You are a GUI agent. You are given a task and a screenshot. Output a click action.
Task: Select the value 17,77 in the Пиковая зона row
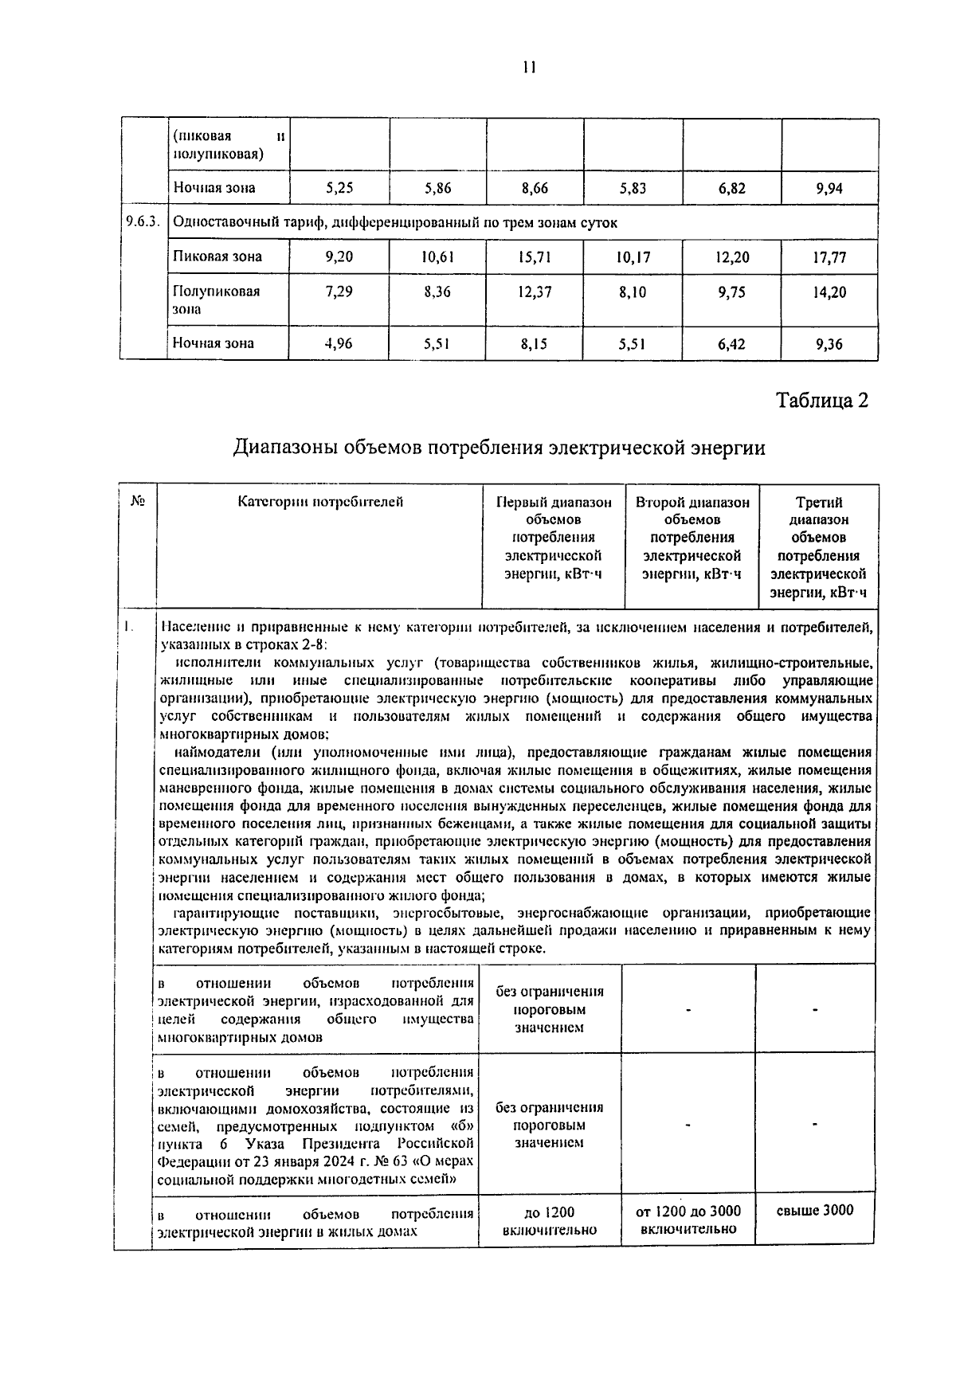pyautogui.click(x=829, y=257)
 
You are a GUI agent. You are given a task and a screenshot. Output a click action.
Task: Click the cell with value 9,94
pyautogui.click(x=829, y=189)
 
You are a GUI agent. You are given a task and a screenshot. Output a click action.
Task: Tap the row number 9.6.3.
pyautogui.click(x=143, y=223)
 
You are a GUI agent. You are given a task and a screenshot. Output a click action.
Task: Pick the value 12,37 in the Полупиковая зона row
pyautogui.click(x=534, y=292)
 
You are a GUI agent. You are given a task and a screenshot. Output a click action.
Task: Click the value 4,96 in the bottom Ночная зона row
pyautogui.click(x=339, y=344)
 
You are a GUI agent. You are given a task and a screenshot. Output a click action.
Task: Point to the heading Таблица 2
pyautogui.click(x=821, y=400)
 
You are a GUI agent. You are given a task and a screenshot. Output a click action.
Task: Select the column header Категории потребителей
pyautogui.click(x=320, y=502)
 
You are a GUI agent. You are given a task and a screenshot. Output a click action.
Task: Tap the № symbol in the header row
pyautogui.click(x=137, y=501)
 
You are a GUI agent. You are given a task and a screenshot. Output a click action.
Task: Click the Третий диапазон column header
pyautogui.click(x=819, y=546)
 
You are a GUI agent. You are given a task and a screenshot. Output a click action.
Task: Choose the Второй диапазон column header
pyautogui.click(x=692, y=538)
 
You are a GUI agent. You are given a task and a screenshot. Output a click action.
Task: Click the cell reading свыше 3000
pyautogui.click(x=814, y=1211)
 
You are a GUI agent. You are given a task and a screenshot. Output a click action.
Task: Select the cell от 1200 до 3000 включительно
pyautogui.click(x=688, y=1219)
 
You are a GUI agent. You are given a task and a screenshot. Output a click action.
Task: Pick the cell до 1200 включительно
pyautogui.click(x=550, y=1220)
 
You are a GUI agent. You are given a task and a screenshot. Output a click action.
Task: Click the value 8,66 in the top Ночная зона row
pyautogui.click(x=534, y=189)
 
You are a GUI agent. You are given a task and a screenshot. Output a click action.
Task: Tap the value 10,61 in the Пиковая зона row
pyautogui.click(x=437, y=257)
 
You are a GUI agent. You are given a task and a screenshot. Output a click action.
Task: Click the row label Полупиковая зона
pyautogui.click(x=217, y=299)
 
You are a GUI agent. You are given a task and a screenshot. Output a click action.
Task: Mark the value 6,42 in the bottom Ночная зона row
pyautogui.click(x=731, y=344)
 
